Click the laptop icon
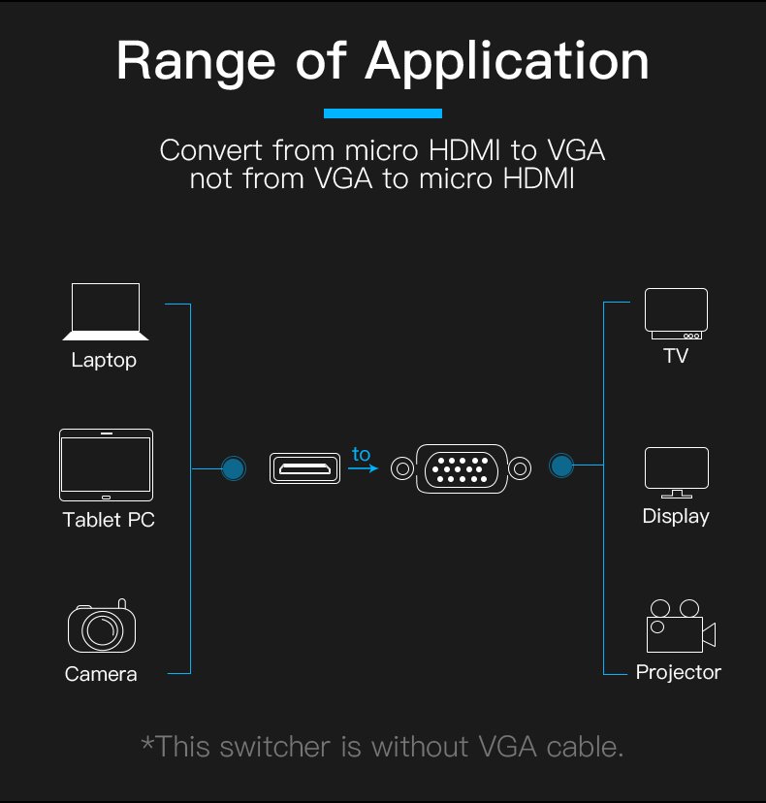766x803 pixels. point(105,311)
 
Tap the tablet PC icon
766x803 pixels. point(106,465)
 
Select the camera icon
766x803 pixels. point(101,627)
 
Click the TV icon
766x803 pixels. point(676,314)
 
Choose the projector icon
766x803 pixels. point(680,626)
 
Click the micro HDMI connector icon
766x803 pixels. point(306,468)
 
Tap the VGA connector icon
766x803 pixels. point(461,468)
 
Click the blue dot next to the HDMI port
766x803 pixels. point(233,468)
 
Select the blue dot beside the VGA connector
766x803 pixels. point(560,466)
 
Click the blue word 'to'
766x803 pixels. point(361,454)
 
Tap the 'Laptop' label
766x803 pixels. point(104,361)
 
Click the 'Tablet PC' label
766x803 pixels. point(109,520)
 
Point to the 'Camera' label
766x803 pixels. point(101,674)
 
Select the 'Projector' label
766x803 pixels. point(679,672)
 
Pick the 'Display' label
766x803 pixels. point(676,517)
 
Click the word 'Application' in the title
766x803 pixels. point(507,62)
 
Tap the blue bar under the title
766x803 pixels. point(383,113)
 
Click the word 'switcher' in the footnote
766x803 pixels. point(293,747)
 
